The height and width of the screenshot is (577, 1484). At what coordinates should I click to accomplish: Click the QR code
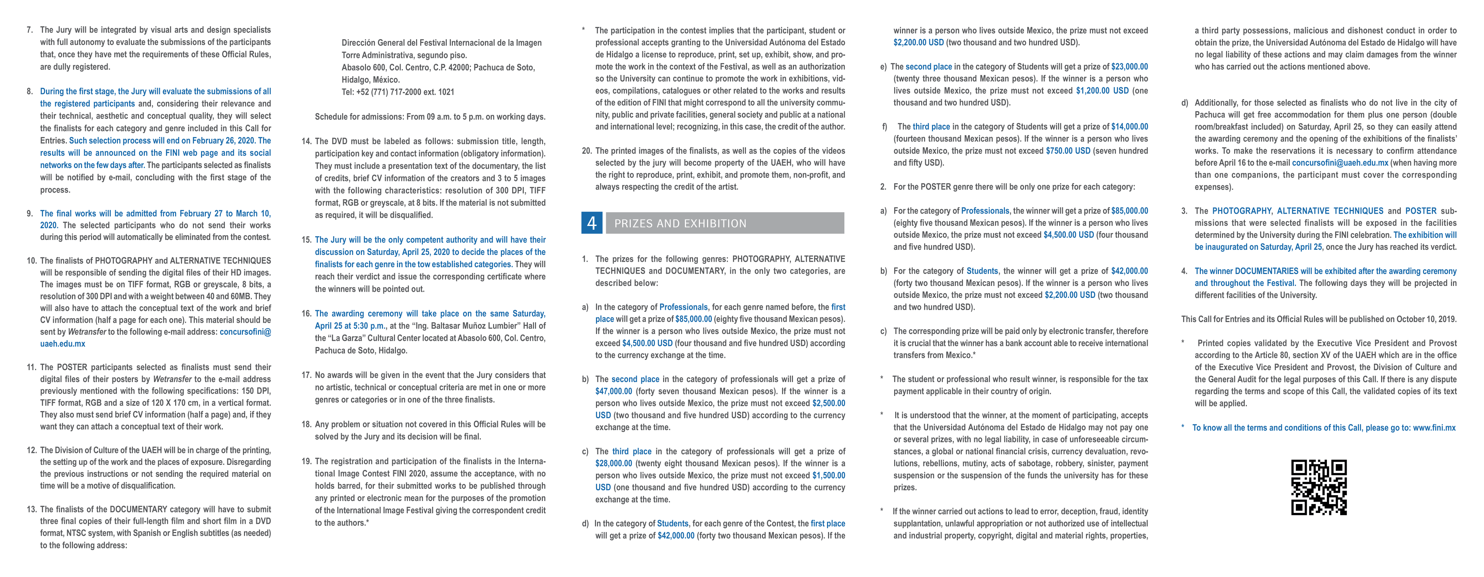pyautogui.click(x=1319, y=487)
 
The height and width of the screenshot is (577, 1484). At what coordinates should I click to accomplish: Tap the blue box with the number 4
pyautogui.click(x=592, y=223)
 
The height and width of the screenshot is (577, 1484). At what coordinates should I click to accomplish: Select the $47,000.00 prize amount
pyautogui.click(x=613, y=391)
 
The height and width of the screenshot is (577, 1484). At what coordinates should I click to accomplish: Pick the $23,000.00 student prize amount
pyautogui.click(x=1129, y=67)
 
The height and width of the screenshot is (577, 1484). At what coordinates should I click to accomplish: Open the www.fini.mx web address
pyautogui.click(x=1434, y=428)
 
